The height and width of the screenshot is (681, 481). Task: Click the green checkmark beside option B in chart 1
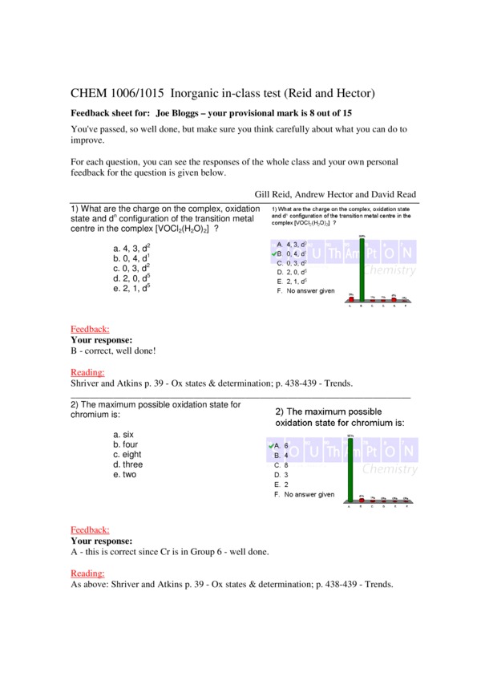pos(274,253)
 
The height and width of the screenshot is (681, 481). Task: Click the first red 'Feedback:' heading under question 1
pos(91,329)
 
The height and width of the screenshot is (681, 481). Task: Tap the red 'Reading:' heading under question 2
pos(88,574)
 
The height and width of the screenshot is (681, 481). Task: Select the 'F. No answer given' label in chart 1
pos(305,291)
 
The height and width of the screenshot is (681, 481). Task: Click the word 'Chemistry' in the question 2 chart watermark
pos(390,469)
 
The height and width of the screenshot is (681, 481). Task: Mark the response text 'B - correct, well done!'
pos(113,351)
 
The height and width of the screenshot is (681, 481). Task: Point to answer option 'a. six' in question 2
pos(123,434)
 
